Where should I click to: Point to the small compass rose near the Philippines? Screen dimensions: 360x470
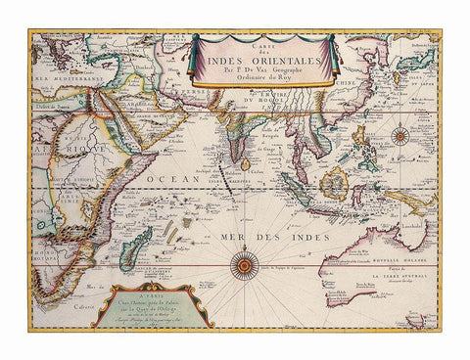399,136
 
